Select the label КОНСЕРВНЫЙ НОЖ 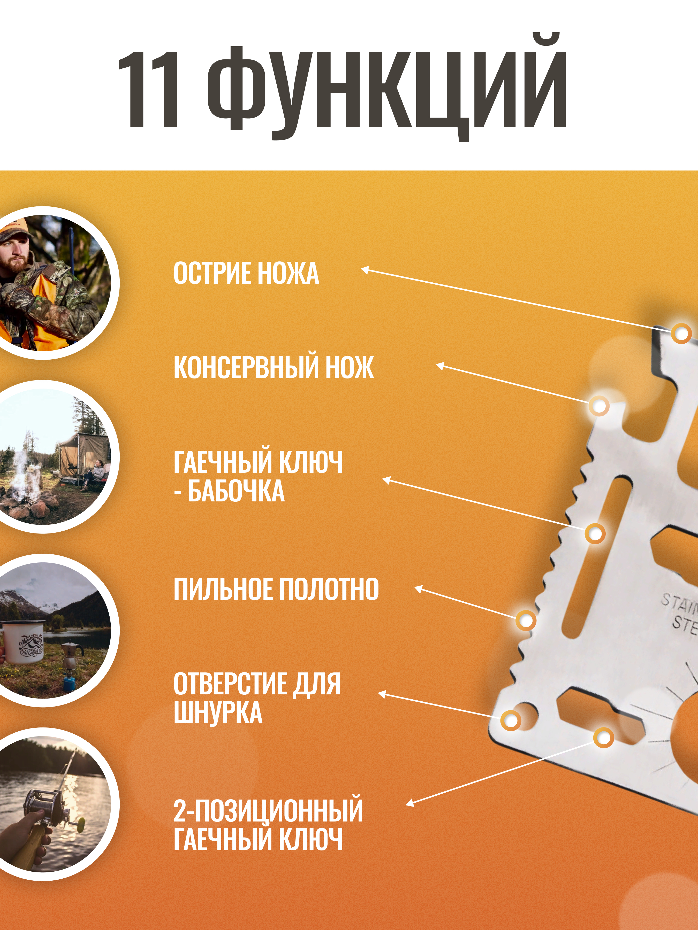pyautogui.click(x=274, y=367)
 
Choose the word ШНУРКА pyautogui.click(x=218, y=713)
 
